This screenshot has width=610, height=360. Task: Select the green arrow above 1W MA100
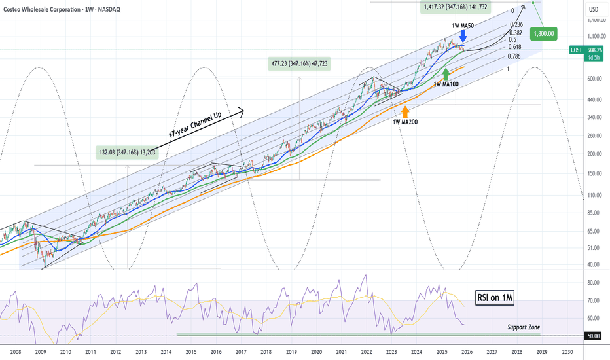pyautogui.click(x=446, y=73)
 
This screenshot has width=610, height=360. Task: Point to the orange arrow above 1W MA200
pyautogui.click(x=404, y=111)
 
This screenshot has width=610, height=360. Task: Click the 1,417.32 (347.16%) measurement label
pyautogui.click(x=456, y=7)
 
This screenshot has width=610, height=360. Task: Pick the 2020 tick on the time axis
pyautogui.click(x=316, y=351)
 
